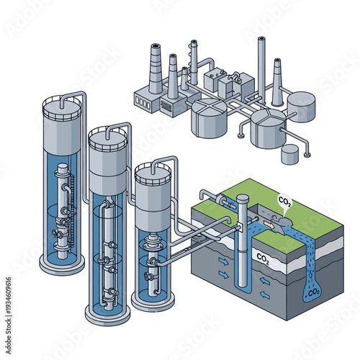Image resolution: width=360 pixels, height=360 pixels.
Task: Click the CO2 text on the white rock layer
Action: [264, 256]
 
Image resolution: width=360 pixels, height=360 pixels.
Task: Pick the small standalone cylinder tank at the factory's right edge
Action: [291, 154]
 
